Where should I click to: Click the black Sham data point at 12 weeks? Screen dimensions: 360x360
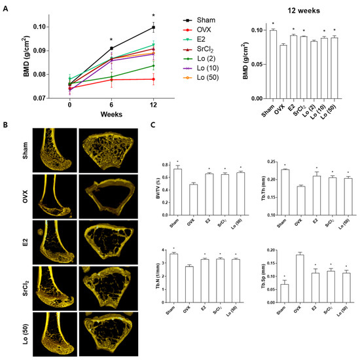153,27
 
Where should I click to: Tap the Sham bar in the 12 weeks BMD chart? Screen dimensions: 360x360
255,64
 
